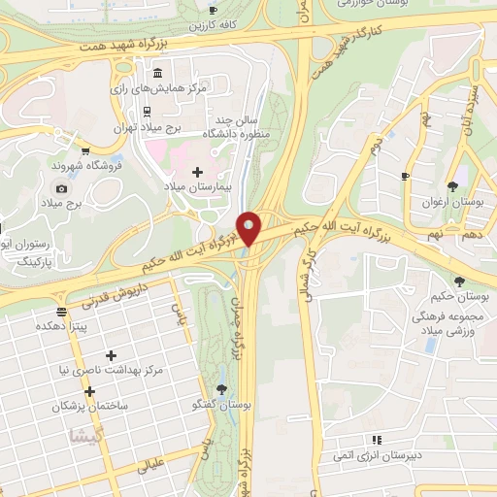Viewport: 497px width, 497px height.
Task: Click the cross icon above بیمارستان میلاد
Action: (x=198, y=172)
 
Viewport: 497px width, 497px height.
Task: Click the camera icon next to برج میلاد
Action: (x=62, y=188)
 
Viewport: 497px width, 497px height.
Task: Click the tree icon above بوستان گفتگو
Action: (x=223, y=389)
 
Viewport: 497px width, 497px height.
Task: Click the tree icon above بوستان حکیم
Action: (x=458, y=282)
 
